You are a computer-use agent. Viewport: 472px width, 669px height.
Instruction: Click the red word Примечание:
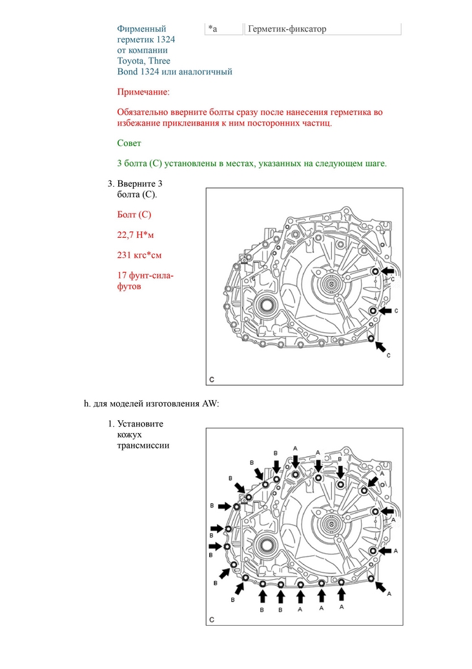pyautogui.click(x=143, y=93)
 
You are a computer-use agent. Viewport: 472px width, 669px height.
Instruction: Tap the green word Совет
pyautogui.click(x=129, y=143)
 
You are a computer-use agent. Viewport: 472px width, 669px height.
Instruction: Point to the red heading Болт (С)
pyautogui.click(x=134, y=215)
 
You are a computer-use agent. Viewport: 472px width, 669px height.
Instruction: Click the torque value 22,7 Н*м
pyautogui.click(x=136, y=235)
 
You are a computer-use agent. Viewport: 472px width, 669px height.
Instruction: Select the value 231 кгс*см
pyautogui.click(x=139, y=255)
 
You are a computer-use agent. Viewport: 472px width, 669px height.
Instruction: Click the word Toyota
pyautogui.click(x=131, y=61)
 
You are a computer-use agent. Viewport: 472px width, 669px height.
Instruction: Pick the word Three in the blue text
pyautogui.click(x=159, y=61)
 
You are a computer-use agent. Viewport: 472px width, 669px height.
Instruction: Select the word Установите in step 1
pyautogui.click(x=140, y=424)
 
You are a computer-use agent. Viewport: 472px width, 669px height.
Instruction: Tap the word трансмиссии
pyautogui.click(x=143, y=445)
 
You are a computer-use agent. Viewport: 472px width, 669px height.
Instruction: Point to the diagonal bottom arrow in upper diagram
pyautogui.click(x=382, y=347)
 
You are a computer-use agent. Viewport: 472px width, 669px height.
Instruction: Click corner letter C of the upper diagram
pyautogui.click(x=212, y=379)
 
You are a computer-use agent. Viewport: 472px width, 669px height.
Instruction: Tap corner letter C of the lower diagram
pyautogui.click(x=212, y=620)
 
